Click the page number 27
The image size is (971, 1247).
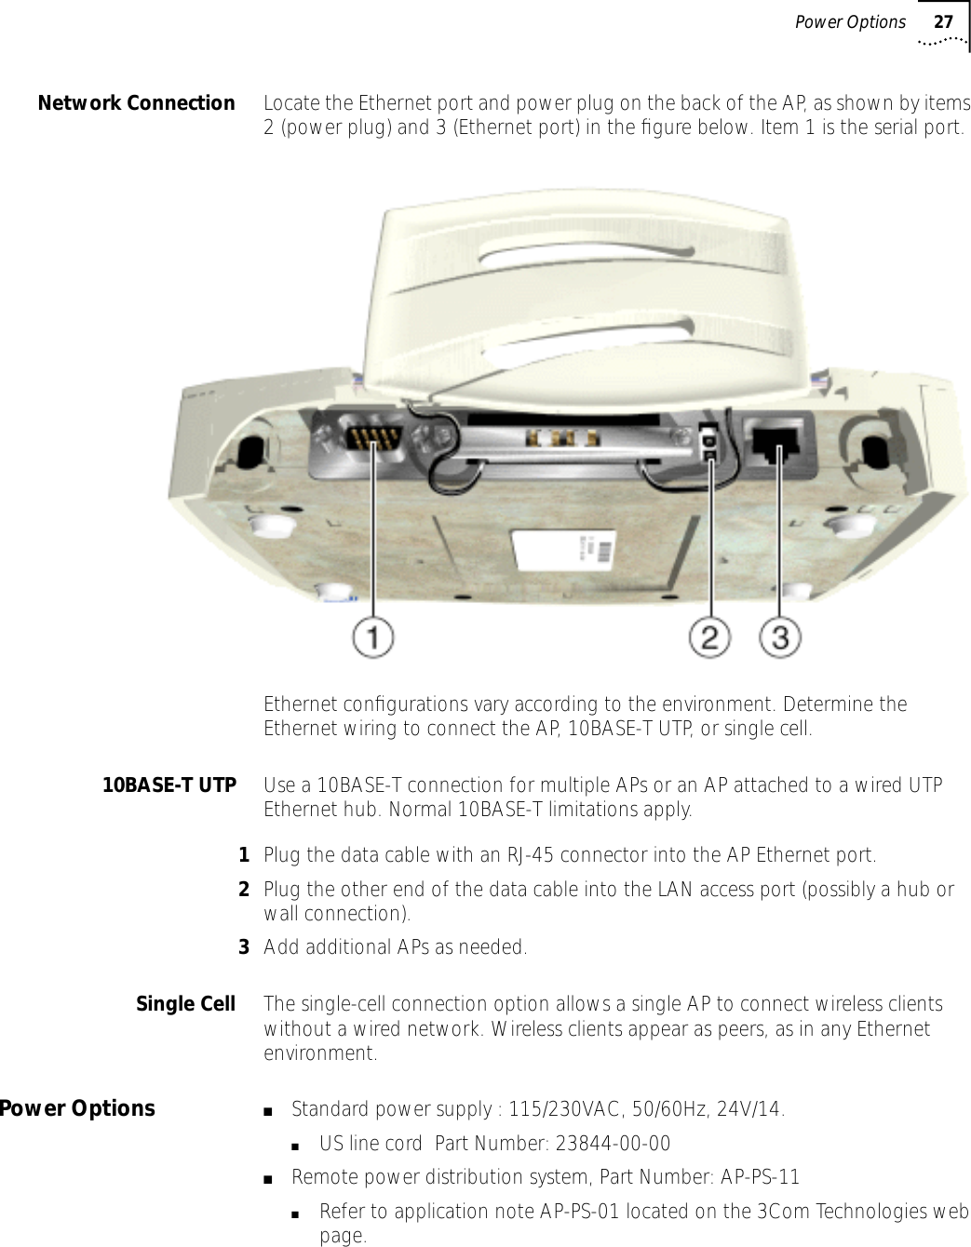(x=943, y=22)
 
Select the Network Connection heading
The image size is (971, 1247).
(x=136, y=103)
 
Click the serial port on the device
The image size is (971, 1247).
(x=371, y=437)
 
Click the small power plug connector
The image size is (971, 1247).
(x=709, y=442)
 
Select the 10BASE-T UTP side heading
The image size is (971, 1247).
(x=169, y=785)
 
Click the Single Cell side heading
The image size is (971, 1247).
(x=185, y=1004)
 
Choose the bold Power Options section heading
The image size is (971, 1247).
(x=77, y=1108)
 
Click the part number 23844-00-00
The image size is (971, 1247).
(x=613, y=1143)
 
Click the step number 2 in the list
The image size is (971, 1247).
(x=244, y=890)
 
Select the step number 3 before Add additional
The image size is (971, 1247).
(x=244, y=947)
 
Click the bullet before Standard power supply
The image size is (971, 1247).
(x=268, y=1110)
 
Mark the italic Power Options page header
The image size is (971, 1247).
(x=849, y=22)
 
